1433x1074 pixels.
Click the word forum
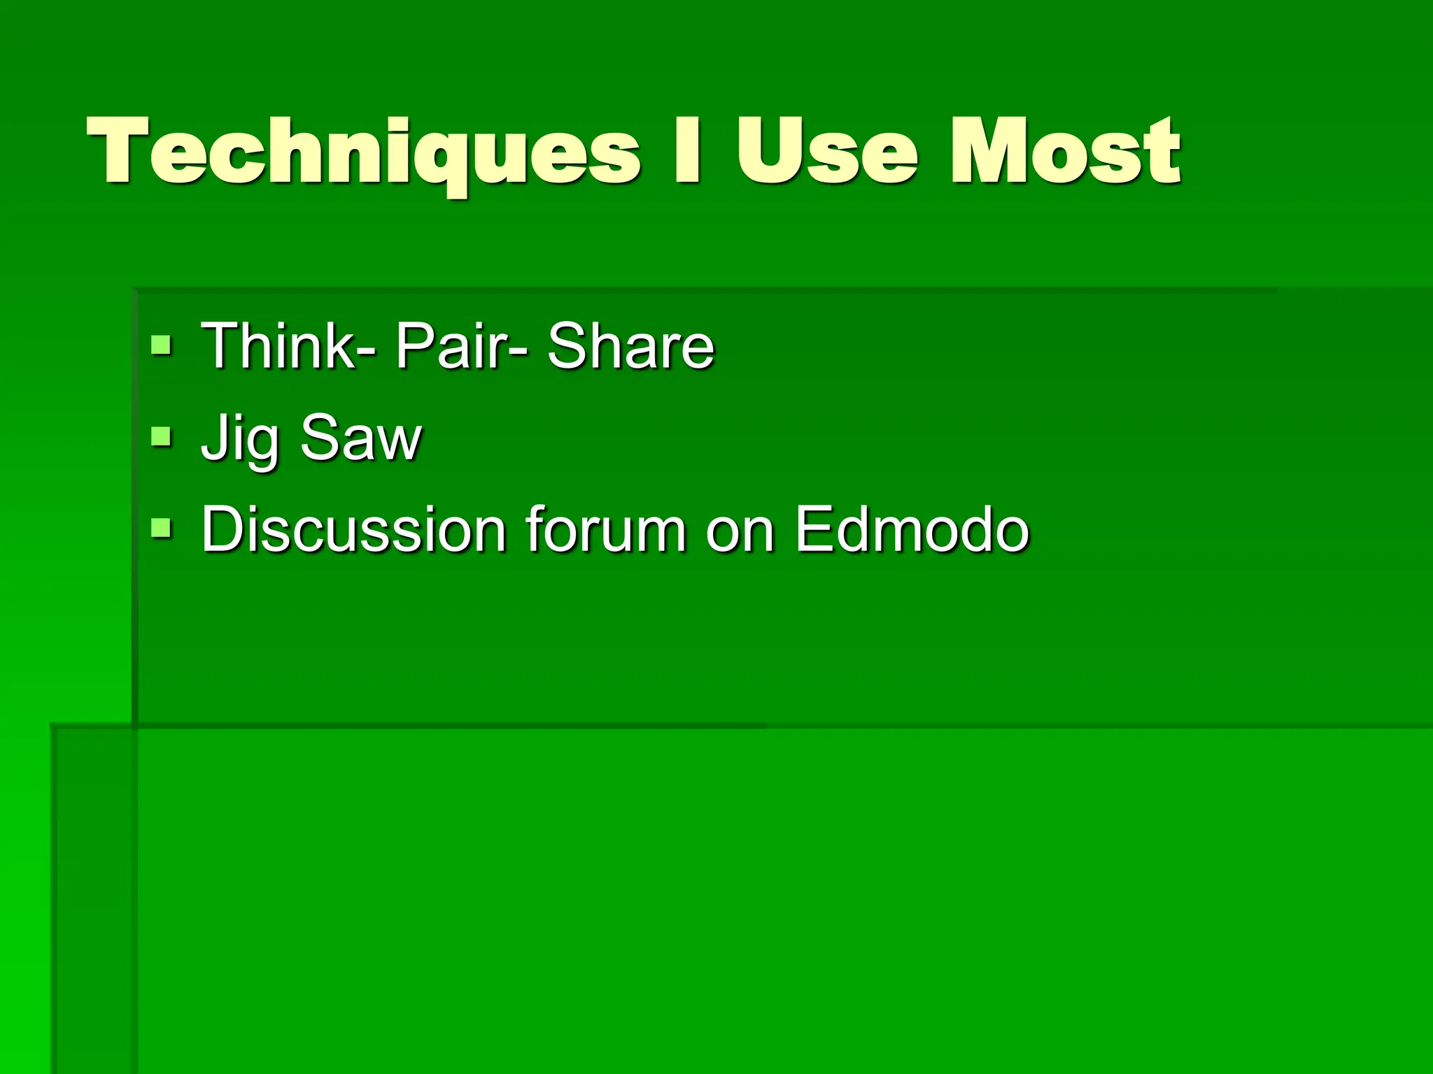(x=606, y=529)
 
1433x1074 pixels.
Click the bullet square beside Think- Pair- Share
(x=161, y=345)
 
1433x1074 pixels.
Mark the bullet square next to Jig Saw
(x=161, y=437)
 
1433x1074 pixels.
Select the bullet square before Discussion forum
(x=161, y=529)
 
